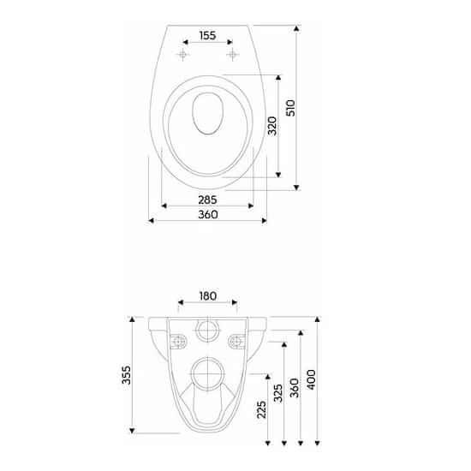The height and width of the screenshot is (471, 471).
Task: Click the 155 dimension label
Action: [207, 35]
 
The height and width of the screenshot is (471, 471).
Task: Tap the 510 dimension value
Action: [291, 108]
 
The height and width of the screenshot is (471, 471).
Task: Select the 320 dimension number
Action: [272, 126]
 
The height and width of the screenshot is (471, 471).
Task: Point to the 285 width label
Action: [207, 200]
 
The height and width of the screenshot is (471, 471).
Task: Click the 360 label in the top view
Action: [208, 214]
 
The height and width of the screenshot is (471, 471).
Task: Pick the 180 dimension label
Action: [208, 296]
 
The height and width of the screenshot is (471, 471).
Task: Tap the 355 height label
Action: [127, 375]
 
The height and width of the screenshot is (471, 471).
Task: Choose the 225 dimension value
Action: [262, 409]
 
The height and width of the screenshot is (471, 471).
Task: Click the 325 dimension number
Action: [278, 393]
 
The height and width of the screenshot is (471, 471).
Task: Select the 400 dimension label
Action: [311, 379]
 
